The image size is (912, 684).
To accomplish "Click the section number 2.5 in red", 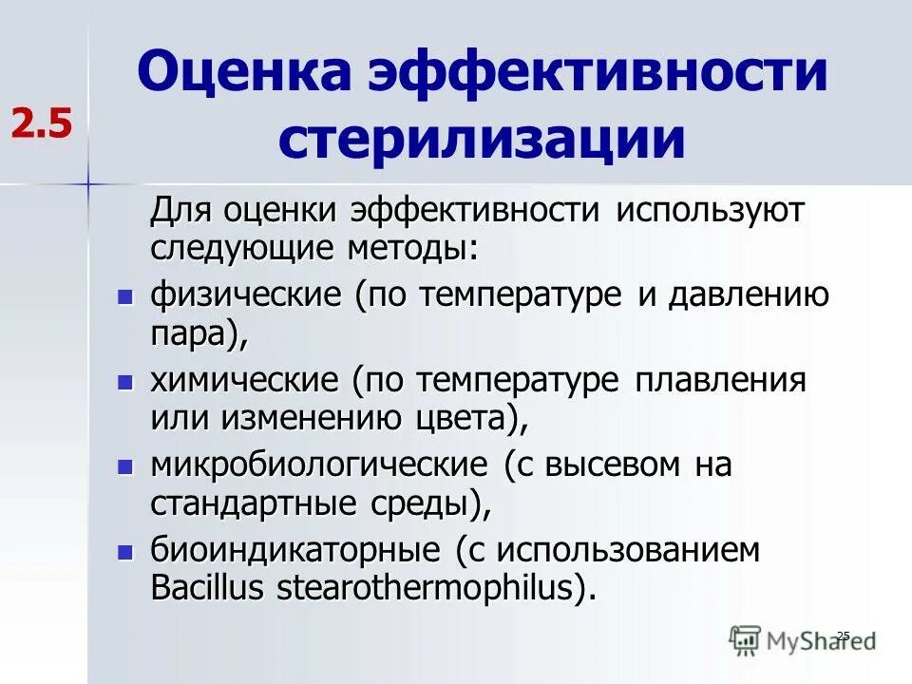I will click(42, 123).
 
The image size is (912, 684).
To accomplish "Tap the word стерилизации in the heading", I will click(482, 139).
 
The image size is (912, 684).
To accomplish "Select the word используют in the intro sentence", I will click(710, 211).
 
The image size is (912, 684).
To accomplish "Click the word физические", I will click(246, 295).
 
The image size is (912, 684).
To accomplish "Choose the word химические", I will click(244, 381).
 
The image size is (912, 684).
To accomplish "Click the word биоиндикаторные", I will click(282, 551).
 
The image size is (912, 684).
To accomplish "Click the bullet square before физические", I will click(123, 296).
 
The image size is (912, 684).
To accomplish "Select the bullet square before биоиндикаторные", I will click(123, 552).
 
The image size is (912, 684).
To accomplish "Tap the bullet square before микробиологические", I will click(123, 466).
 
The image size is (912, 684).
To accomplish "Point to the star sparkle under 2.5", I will click(87, 181).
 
